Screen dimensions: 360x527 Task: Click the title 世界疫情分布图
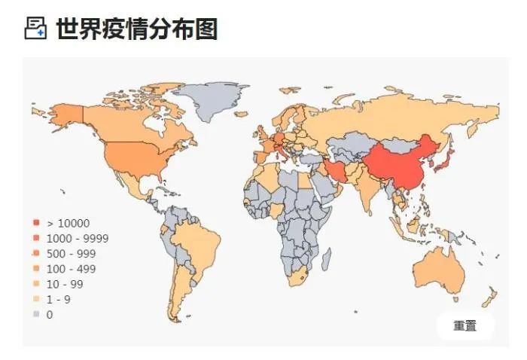(x=136, y=29)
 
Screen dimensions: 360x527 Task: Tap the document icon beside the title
(x=35, y=29)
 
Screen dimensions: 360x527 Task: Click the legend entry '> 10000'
(x=68, y=223)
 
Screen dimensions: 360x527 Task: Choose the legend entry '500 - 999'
(x=71, y=253)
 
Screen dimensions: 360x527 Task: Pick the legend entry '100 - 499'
(x=71, y=269)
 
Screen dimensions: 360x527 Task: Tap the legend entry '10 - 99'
(x=65, y=284)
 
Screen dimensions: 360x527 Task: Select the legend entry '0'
(x=50, y=314)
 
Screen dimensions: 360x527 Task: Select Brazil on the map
(x=197, y=241)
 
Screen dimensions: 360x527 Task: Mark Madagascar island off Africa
(x=327, y=261)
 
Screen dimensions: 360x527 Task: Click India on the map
(x=368, y=188)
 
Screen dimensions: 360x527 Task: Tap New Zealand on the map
(x=489, y=295)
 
